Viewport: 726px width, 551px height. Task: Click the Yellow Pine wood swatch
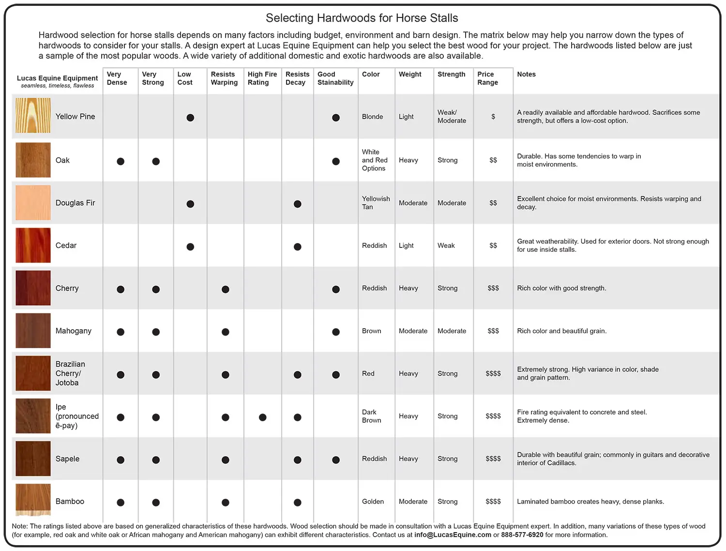pyautogui.click(x=33, y=116)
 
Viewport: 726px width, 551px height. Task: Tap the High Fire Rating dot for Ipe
pyautogui.click(x=262, y=417)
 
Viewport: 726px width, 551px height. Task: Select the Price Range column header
pyautogui.click(x=487, y=78)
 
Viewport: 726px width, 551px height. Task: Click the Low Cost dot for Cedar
pyautogui.click(x=190, y=247)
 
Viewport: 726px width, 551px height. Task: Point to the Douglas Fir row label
pyautogui.click(x=75, y=203)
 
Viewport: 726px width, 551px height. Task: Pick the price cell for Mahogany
pyautogui.click(x=493, y=331)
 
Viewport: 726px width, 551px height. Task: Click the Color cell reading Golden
pyautogui.click(x=373, y=502)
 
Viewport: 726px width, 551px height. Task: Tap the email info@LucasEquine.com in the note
pyautogui.click(x=453, y=535)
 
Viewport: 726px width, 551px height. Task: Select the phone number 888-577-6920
pyautogui.click(x=522, y=535)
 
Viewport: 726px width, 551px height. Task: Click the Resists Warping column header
pyautogui.click(x=224, y=78)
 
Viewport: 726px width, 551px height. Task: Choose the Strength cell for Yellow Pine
pyautogui.click(x=452, y=117)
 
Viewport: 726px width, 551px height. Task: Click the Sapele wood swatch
pyautogui.click(x=33, y=459)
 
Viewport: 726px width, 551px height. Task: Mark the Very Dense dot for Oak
pyautogui.click(x=121, y=161)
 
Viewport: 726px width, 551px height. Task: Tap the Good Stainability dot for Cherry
pyautogui.click(x=335, y=290)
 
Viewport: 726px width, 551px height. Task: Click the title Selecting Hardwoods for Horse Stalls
pyautogui.click(x=362, y=18)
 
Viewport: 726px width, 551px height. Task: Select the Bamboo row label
pyautogui.click(x=70, y=502)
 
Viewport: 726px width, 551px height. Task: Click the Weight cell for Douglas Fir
pyautogui.click(x=413, y=203)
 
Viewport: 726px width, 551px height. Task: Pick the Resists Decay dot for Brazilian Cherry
pyautogui.click(x=297, y=375)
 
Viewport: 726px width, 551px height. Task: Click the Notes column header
pyautogui.click(x=526, y=75)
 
